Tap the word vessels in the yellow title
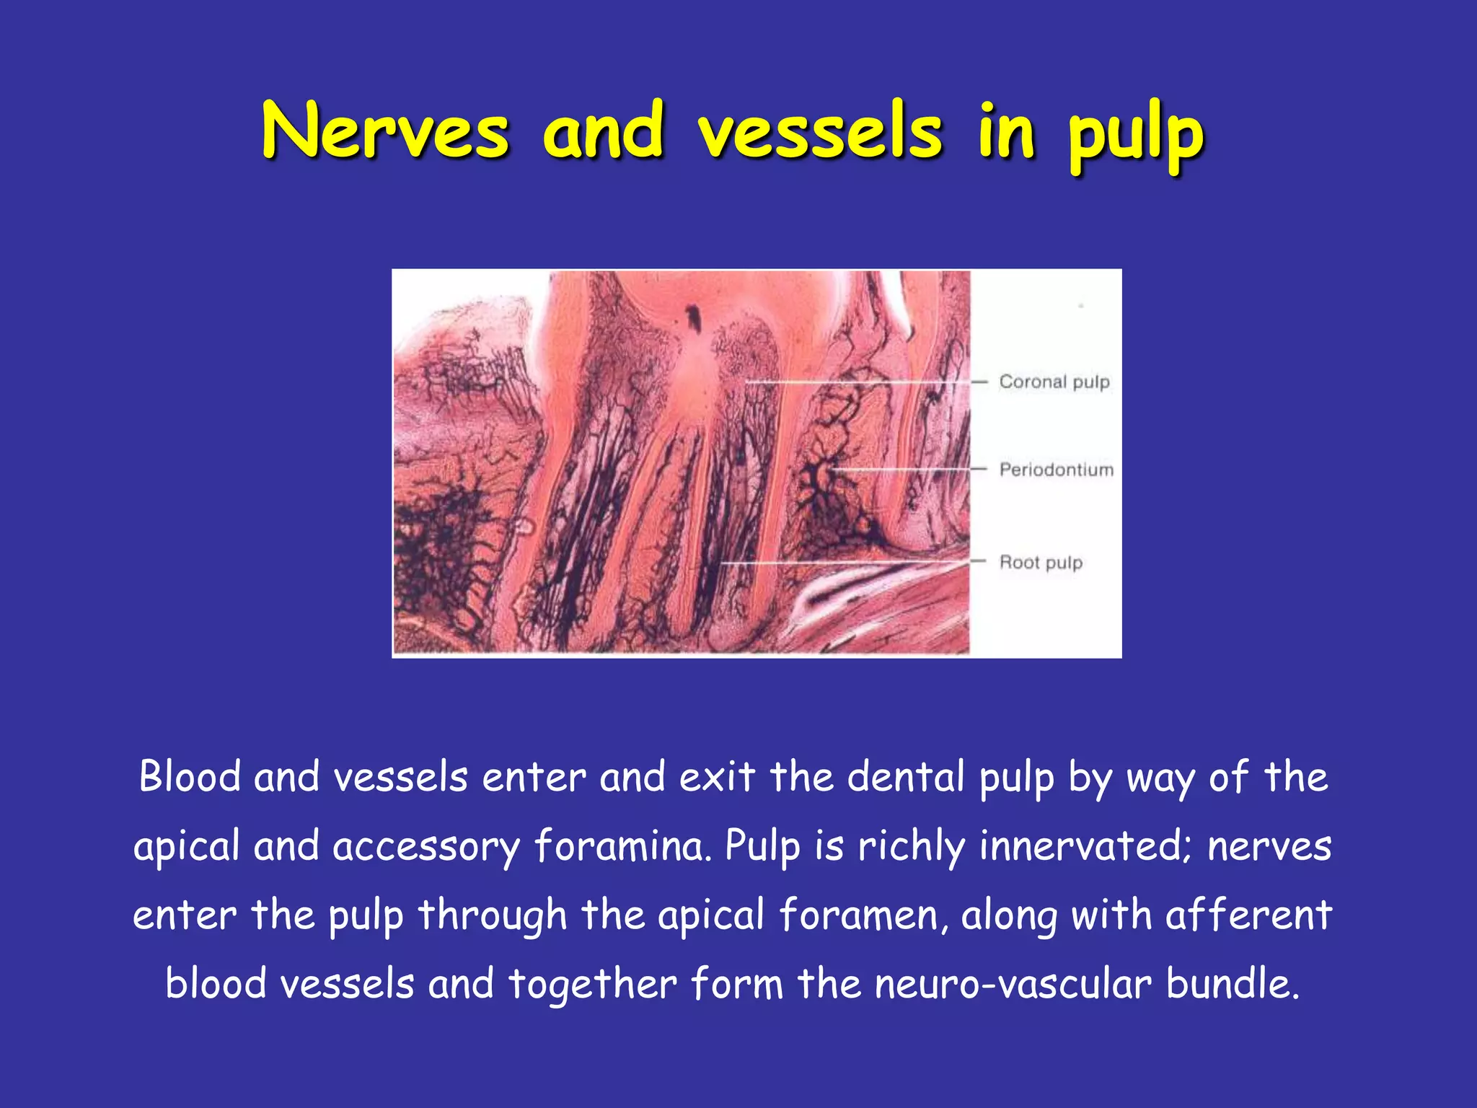(820, 132)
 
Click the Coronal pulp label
(1054, 382)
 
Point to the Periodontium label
(1056, 470)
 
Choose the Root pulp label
(1041, 562)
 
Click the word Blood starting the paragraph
(190, 777)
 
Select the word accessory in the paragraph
(426, 846)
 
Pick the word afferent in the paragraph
(1248, 914)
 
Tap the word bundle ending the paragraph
(1233, 983)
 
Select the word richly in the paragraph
(912, 845)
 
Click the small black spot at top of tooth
(694, 317)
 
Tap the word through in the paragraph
(493, 915)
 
